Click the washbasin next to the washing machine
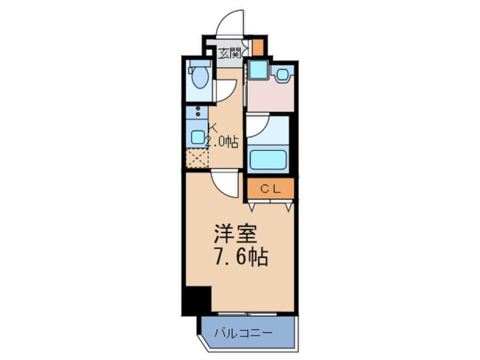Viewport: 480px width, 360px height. [x=283, y=73]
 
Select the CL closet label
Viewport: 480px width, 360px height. [x=270, y=189]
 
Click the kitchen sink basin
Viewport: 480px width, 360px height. [x=197, y=136]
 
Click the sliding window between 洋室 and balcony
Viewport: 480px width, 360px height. [x=247, y=313]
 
